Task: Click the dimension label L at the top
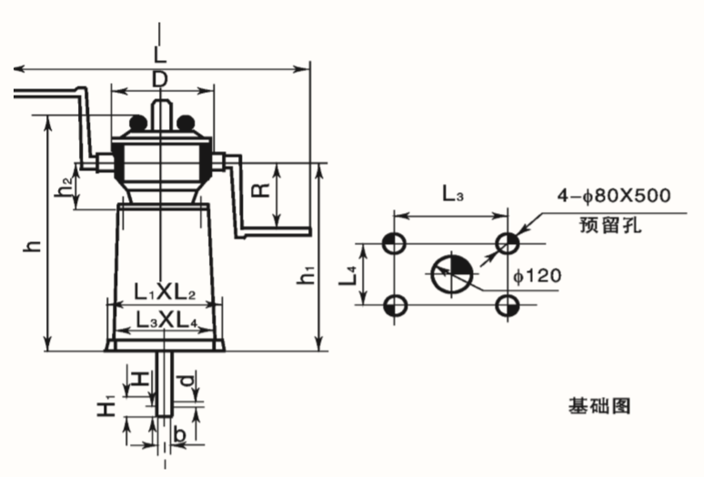(160, 54)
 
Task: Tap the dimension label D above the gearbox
(159, 80)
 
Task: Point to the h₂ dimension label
(65, 188)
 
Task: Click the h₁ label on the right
(307, 275)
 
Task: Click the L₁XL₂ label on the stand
(165, 293)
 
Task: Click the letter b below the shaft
(179, 434)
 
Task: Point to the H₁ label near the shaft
(106, 405)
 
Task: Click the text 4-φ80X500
(614, 196)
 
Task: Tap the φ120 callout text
(538, 275)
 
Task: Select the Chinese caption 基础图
(599, 406)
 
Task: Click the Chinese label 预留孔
(610, 225)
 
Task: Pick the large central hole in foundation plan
(452, 273)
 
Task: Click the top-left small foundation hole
(394, 243)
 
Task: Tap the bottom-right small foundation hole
(508, 306)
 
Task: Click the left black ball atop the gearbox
(139, 122)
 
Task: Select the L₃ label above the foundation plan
(453, 194)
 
